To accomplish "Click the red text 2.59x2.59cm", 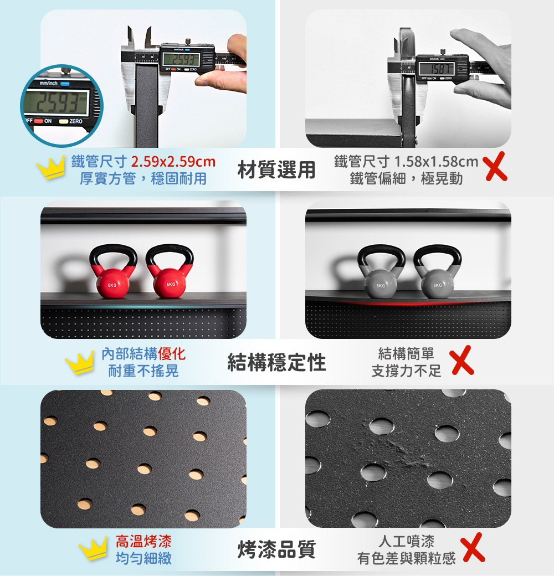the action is [x=173, y=161].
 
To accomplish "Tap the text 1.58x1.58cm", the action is [x=436, y=161].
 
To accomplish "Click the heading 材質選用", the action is [x=276, y=169].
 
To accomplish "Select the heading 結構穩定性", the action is [x=276, y=362].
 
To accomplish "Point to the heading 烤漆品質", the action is [x=276, y=549].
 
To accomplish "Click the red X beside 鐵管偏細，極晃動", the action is [x=496, y=167].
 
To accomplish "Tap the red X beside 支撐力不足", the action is [x=463, y=360].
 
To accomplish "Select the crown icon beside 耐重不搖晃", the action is [x=79, y=363].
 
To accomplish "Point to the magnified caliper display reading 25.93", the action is [x=56, y=102].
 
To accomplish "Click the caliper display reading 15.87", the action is [x=437, y=68].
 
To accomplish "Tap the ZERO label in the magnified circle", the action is [x=76, y=121].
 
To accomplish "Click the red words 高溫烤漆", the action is [x=143, y=541].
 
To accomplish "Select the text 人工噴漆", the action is [x=406, y=541].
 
